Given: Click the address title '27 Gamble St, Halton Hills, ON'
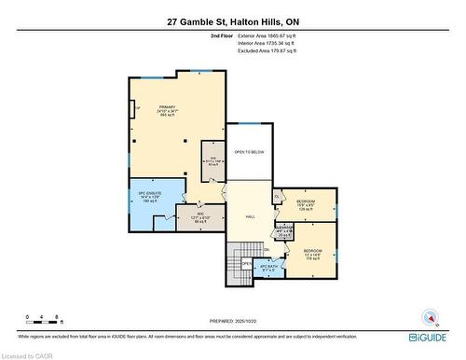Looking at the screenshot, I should coord(233,21).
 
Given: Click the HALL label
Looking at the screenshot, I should coord(251,216).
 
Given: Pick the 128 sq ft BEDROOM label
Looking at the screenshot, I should coord(306,204).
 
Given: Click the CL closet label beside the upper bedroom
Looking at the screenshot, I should coord(278,196).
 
